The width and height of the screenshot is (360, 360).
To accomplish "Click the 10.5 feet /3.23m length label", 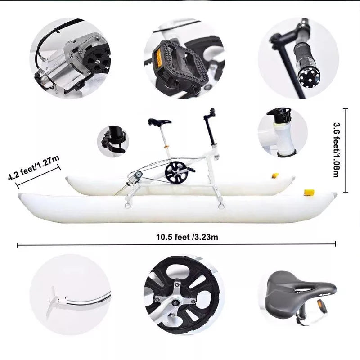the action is (187, 237).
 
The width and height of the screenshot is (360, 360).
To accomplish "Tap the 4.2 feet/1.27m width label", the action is (34, 167).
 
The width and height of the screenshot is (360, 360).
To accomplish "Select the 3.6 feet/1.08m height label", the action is (336, 150).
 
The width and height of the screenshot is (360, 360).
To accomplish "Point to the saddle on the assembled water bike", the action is (160, 121).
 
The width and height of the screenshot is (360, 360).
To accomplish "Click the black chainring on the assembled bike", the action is (176, 172).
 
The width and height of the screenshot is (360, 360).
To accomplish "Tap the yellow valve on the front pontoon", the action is (309, 193).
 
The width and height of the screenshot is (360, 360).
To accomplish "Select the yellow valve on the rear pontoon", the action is (275, 175).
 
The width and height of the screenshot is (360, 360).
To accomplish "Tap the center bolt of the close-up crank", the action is (175, 303).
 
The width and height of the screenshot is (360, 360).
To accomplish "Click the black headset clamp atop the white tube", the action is (279, 115).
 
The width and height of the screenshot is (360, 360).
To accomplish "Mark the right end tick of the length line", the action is (335, 243).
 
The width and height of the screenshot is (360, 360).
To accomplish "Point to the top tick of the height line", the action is (346, 109).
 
